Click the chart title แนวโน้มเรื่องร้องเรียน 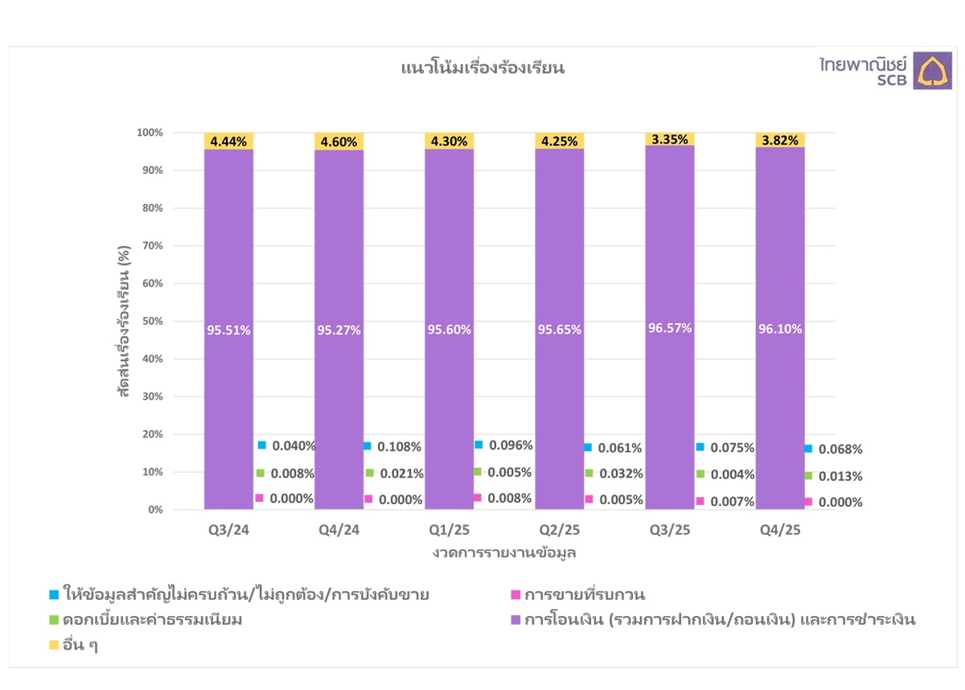point(482,68)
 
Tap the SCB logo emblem point(933,72)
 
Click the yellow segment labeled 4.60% point(339,141)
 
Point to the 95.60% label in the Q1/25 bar point(450,330)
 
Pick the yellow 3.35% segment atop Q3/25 point(670,139)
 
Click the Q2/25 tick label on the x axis point(560,530)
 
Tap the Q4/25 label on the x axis point(780,530)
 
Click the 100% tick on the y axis point(150,132)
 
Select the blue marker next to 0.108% point(368,446)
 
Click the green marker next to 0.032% point(589,473)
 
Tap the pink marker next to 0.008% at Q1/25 point(478,498)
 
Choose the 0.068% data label point(840,449)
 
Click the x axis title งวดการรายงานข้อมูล point(504,553)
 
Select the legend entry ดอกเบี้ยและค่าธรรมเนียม point(153,620)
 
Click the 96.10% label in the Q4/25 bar point(780,329)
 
